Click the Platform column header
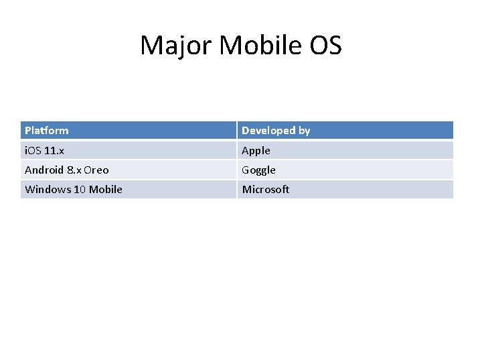point(47,130)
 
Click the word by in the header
point(305,130)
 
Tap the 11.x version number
point(54,150)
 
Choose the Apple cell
point(256,150)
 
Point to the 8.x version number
point(74,170)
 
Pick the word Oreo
point(96,170)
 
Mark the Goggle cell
point(258,170)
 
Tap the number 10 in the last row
point(80,189)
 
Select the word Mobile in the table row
point(106,189)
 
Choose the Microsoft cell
point(266,189)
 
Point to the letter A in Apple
point(246,150)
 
